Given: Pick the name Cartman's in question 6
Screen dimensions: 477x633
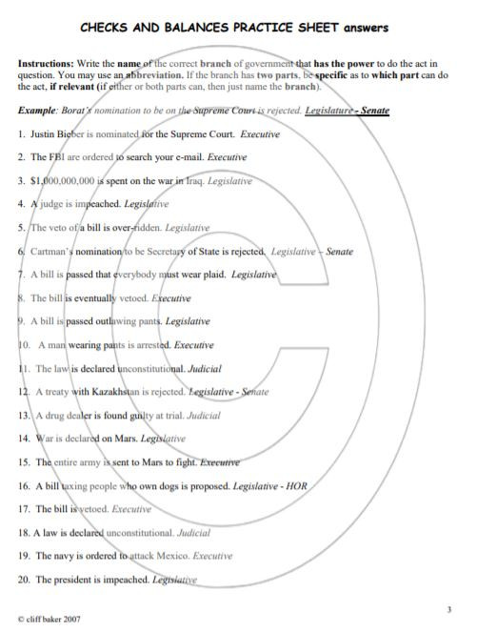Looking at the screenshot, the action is (54, 251).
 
